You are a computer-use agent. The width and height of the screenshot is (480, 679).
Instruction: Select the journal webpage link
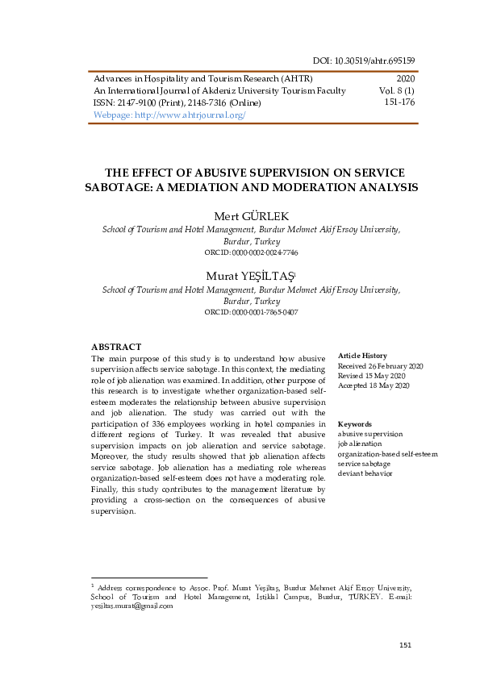pyautogui.click(x=169, y=115)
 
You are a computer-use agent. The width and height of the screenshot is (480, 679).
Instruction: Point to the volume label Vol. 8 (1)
pyautogui.click(x=397, y=91)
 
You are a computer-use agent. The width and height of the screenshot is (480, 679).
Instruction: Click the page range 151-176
pyautogui.click(x=399, y=102)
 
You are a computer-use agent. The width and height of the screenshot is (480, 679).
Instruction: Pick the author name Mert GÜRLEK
pyautogui.click(x=251, y=216)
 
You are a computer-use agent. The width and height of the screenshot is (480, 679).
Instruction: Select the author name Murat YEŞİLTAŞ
pyautogui.click(x=249, y=275)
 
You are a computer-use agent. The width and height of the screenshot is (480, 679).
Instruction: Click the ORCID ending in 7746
pyautogui.click(x=251, y=252)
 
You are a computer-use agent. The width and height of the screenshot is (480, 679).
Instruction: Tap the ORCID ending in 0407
pyautogui.click(x=251, y=311)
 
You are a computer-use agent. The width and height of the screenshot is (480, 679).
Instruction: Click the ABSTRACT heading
pyautogui.click(x=116, y=347)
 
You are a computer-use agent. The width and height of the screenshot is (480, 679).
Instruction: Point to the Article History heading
pyautogui.click(x=362, y=356)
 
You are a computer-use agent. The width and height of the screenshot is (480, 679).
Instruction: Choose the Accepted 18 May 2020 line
pyautogui.click(x=374, y=386)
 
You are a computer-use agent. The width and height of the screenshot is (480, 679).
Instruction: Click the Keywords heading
pyautogui.click(x=355, y=423)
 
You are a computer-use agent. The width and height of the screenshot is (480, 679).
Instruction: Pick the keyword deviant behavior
pyautogui.click(x=365, y=474)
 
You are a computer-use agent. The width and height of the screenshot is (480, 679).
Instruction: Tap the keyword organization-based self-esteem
pyautogui.click(x=388, y=454)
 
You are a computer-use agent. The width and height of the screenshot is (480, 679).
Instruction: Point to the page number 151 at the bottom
pyautogui.click(x=406, y=645)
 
